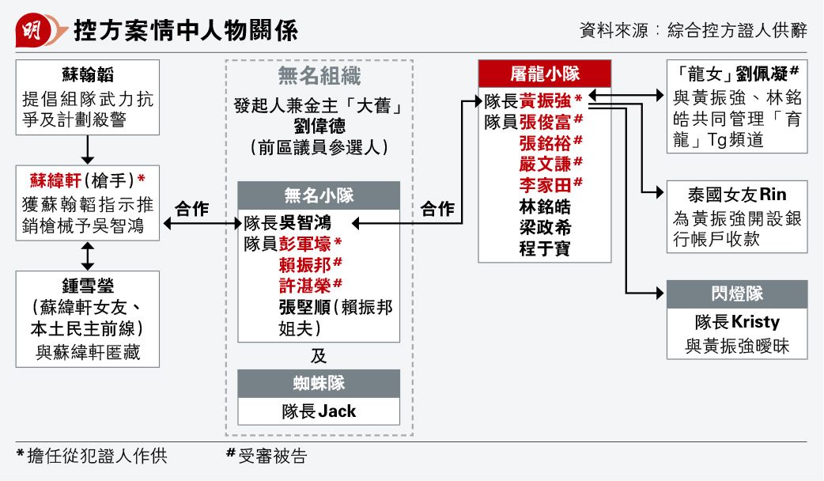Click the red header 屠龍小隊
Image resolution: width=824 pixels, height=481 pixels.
pos(545,74)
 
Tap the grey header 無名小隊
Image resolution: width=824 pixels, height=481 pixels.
pos(319,195)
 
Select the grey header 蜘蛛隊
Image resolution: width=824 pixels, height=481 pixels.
pos(319,383)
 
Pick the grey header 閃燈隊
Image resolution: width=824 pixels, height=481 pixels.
pos(737,294)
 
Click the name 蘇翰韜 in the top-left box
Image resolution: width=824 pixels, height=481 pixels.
pos(88,74)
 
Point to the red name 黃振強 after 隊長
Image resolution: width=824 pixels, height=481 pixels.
pos(545,101)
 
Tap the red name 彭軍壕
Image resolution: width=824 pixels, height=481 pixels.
pos(304,244)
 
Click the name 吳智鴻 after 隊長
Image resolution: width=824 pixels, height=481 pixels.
pos(304,223)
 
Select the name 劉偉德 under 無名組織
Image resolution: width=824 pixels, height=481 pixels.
pos(319,126)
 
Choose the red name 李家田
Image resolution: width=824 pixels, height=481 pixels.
pos(545,185)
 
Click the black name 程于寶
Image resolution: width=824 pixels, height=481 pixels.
pos(545,248)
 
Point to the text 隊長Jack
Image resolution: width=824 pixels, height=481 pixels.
pos(319,411)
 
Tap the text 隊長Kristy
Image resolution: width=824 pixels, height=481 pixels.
pos(737,322)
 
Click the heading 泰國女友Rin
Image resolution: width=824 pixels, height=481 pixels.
pos(737,195)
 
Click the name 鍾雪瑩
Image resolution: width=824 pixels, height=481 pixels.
pos(88,286)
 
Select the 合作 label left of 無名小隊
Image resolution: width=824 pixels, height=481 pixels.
pos(192,209)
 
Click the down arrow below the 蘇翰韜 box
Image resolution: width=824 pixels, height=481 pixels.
pos(87,150)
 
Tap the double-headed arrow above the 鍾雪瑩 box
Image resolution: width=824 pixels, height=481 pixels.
pos(87,256)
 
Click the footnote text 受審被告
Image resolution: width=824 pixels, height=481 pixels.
pos(273,456)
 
